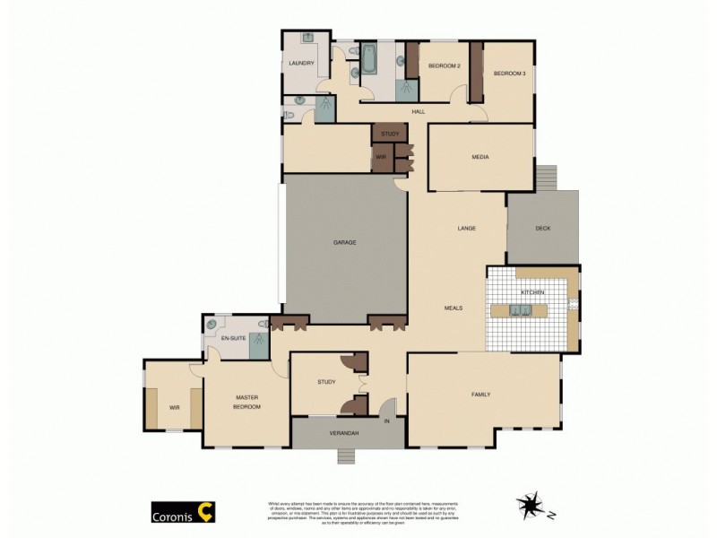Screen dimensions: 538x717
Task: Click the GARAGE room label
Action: [x=345, y=243]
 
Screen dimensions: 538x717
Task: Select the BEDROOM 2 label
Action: [x=444, y=66]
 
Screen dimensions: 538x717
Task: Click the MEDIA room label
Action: [x=480, y=157]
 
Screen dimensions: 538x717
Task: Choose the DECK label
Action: [x=542, y=228]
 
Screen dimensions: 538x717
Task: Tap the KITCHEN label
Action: [x=532, y=293]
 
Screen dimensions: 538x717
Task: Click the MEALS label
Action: [x=453, y=308]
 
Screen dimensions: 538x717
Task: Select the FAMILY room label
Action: [x=481, y=395]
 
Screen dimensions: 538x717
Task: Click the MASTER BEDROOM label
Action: [x=247, y=402]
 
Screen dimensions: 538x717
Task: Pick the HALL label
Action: [x=418, y=111]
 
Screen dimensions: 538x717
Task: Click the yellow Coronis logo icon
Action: [x=205, y=512]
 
